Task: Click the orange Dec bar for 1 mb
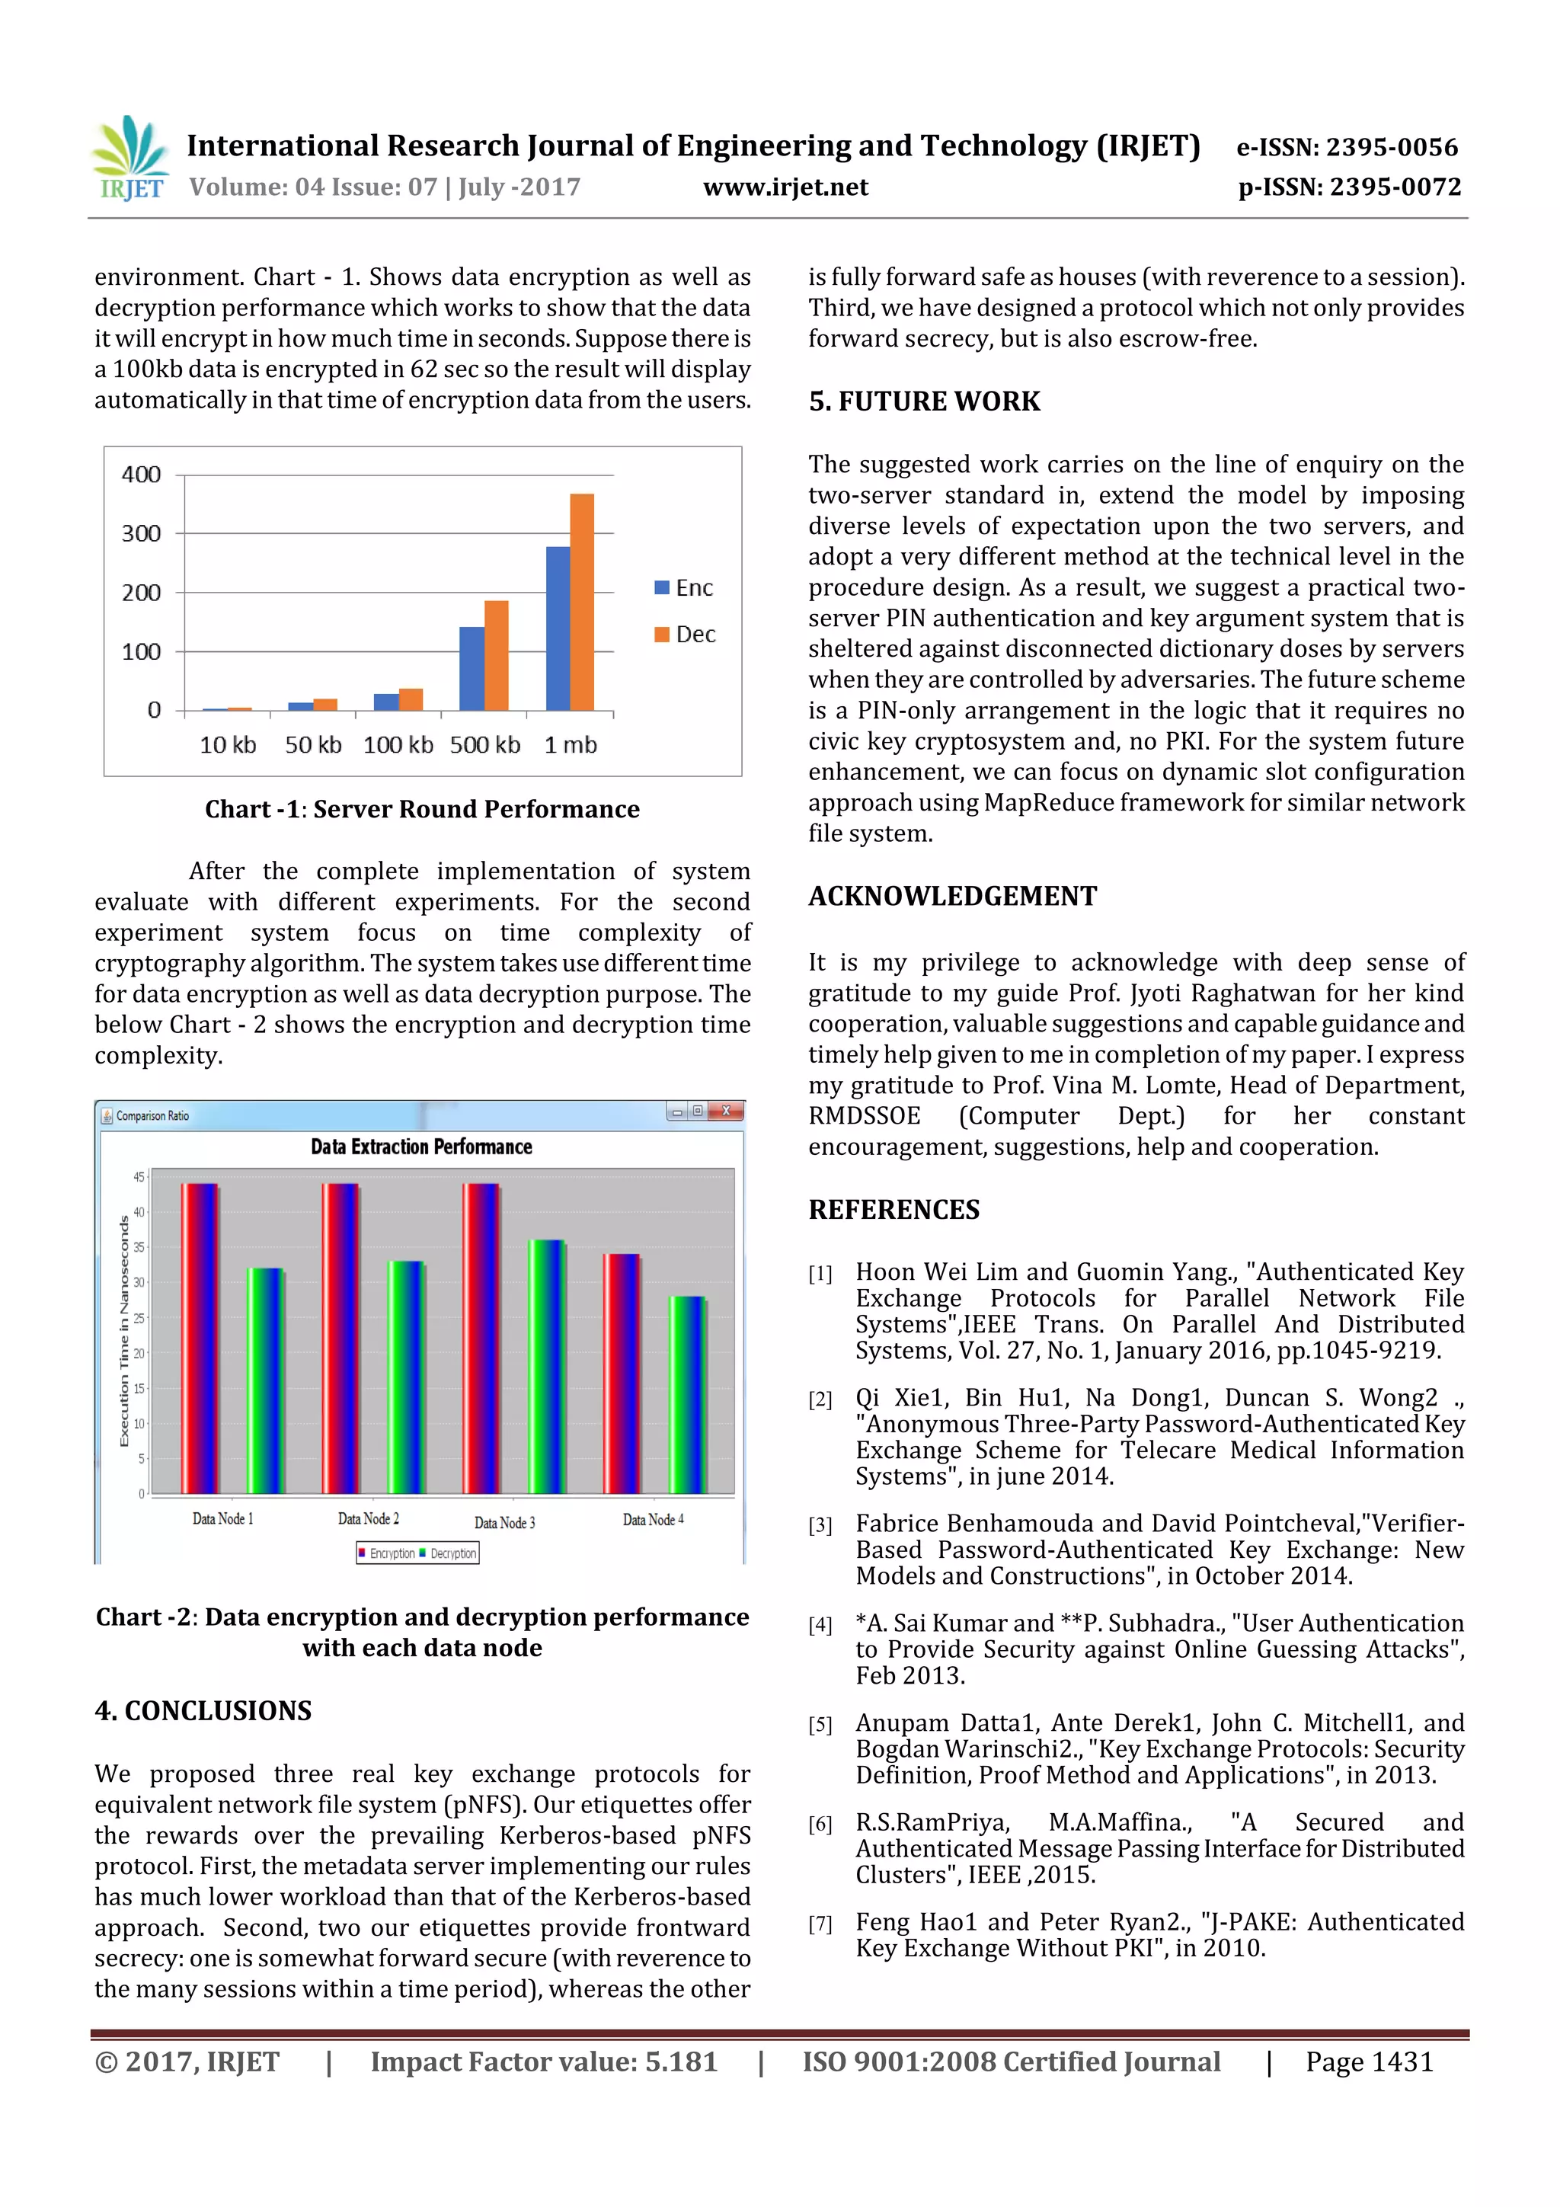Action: tap(581, 602)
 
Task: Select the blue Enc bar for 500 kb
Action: tap(472, 668)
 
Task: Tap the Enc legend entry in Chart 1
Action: tap(684, 587)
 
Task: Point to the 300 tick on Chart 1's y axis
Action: tap(141, 533)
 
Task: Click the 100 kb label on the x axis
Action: tap(398, 745)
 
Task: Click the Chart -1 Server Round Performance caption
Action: tap(422, 809)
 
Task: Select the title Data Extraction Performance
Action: tap(421, 1147)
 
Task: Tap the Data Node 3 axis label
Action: tap(504, 1523)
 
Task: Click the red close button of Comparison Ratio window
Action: tap(727, 1111)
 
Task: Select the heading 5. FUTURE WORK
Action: tap(924, 401)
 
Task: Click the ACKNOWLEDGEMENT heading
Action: tap(951, 896)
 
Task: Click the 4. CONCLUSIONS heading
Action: tap(203, 1711)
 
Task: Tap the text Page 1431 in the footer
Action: tap(1369, 2061)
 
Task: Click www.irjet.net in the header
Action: tap(785, 187)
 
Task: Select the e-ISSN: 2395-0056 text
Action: tap(1347, 147)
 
